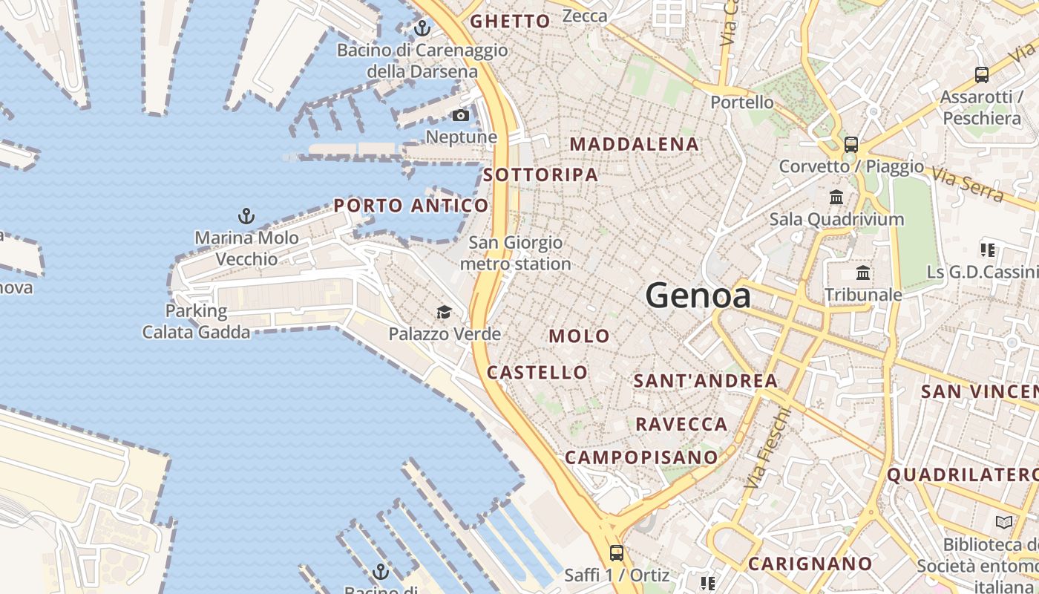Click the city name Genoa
click(698, 296)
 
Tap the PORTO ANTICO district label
click(411, 206)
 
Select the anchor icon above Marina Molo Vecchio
click(246, 216)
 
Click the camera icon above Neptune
click(461, 115)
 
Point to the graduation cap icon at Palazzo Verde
click(444, 312)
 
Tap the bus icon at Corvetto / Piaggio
click(851, 145)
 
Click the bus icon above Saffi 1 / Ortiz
click(617, 552)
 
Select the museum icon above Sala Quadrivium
click(836, 198)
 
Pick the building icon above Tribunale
click(863, 273)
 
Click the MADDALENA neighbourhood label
click(635, 144)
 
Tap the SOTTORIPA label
click(540, 174)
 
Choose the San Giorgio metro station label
click(516, 253)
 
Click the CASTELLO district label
click(537, 372)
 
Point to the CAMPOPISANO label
click(642, 457)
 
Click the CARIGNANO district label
click(810, 564)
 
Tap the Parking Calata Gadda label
click(196, 321)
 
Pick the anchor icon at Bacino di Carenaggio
click(422, 29)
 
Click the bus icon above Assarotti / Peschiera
click(982, 75)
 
